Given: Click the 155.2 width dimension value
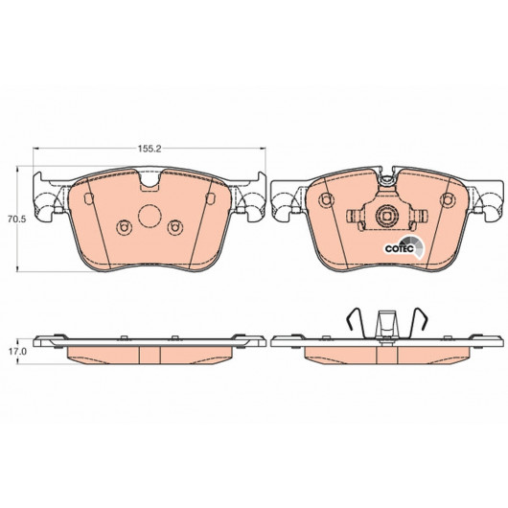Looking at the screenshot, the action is coord(150,149).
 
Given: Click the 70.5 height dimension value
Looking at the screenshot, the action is coord(16,219).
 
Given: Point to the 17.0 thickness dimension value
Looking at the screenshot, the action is coord(17,352).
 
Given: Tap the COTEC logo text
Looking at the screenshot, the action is coord(400,249).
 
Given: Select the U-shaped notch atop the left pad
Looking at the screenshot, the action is coord(150,181).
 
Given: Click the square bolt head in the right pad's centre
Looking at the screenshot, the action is coord(386,216).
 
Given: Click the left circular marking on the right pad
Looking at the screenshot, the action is coord(326,200).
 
